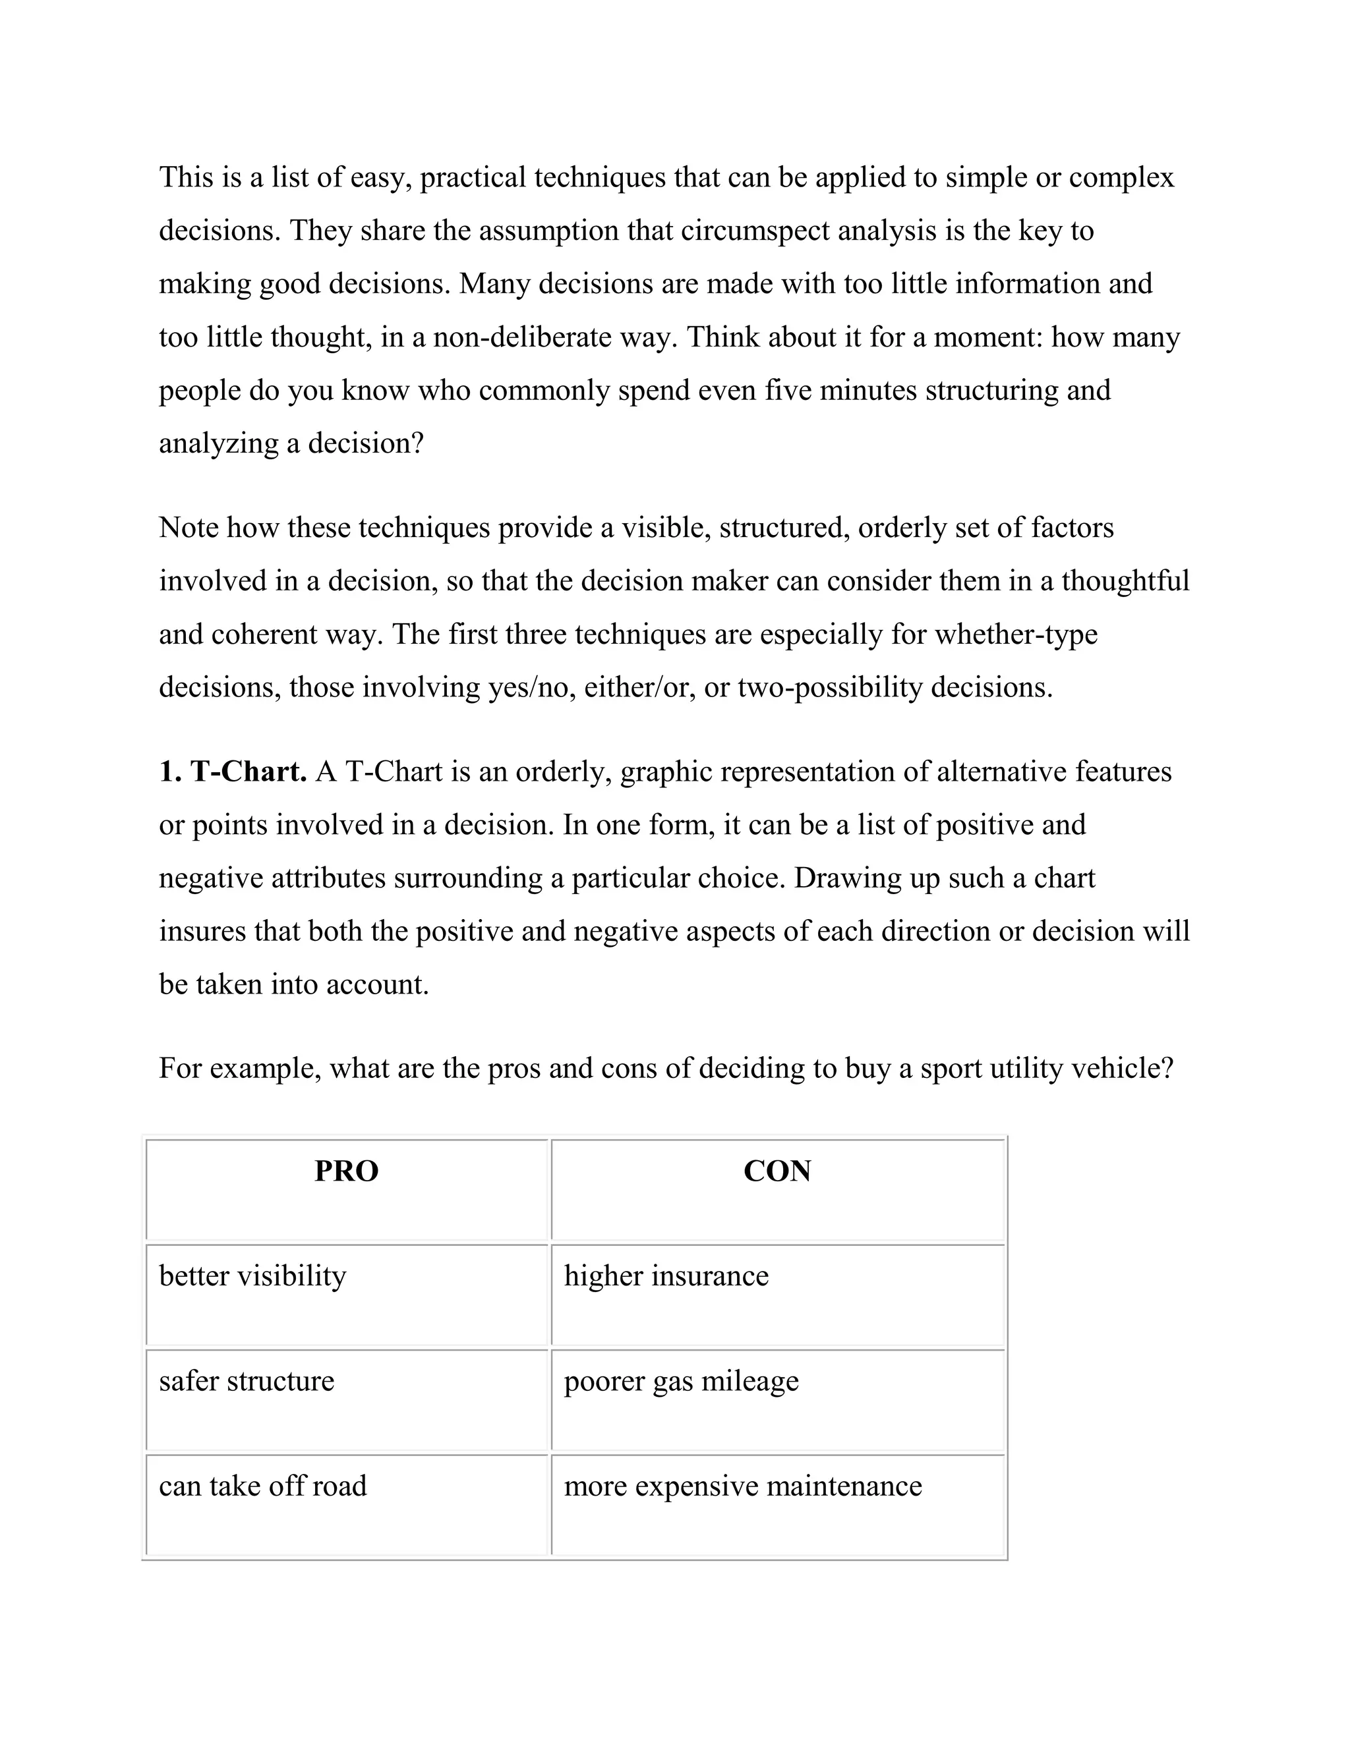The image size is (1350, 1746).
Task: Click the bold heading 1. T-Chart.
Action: point(233,772)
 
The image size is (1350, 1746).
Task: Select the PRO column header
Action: point(346,1171)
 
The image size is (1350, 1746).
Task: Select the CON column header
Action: point(777,1171)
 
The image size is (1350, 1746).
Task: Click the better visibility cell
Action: point(252,1276)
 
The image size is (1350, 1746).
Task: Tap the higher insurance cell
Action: point(666,1276)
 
